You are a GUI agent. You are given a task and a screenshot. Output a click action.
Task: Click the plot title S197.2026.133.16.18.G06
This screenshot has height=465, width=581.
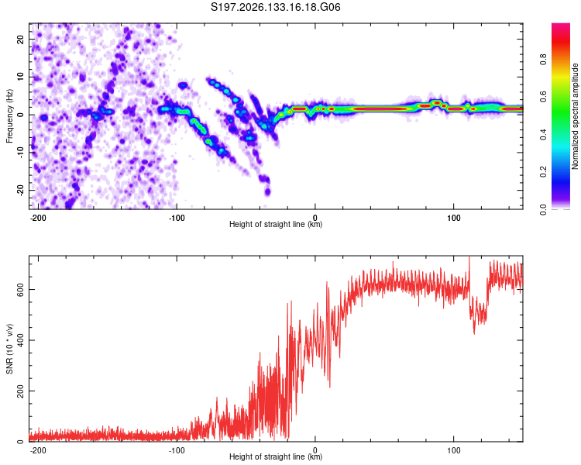pos(275,7)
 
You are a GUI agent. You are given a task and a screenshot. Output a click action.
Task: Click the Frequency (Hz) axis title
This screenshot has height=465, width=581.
pos(9,116)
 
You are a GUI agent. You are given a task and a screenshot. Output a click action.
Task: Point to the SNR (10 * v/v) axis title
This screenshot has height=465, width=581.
pos(9,349)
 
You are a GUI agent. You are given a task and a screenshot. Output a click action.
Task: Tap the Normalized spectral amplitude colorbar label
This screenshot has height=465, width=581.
pos(575,116)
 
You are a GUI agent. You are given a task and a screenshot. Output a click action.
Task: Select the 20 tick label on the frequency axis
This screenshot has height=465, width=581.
pos(20,40)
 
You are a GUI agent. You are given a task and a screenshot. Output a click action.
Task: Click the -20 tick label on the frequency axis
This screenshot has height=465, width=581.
pos(20,190)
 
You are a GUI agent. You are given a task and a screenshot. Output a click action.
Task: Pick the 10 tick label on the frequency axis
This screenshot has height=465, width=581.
pos(20,77)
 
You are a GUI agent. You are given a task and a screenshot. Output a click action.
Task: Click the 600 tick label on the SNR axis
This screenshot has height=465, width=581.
pos(20,289)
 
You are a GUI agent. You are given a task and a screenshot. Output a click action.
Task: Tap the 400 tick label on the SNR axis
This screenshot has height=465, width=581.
pos(20,340)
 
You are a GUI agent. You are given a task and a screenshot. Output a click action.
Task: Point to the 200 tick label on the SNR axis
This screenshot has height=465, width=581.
pos(20,391)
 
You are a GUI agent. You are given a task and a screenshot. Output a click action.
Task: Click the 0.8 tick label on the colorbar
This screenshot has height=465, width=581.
pos(543,60)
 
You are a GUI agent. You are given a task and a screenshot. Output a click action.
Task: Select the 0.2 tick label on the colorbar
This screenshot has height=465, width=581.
pos(543,172)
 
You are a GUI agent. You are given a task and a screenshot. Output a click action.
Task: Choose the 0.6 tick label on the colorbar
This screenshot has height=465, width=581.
pos(543,97)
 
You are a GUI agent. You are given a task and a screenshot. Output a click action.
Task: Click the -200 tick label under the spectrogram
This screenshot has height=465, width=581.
pos(38,218)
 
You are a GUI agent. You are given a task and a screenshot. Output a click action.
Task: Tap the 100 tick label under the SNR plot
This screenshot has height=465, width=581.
pos(453,450)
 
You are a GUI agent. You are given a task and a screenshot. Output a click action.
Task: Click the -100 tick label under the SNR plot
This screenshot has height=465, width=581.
pos(177,450)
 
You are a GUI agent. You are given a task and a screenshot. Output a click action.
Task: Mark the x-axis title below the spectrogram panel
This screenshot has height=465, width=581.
pos(276,224)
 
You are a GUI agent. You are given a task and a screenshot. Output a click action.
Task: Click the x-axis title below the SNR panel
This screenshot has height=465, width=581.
pos(276,456)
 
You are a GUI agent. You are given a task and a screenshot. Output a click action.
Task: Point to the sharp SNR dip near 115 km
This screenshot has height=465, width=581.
pos(474,332)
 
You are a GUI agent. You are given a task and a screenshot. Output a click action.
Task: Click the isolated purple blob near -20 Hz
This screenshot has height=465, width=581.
pos(267,191)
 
